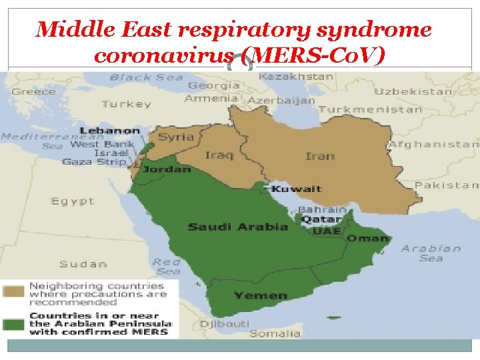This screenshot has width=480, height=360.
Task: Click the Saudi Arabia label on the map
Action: [237, 227]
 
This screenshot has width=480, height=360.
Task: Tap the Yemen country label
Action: [261, 295]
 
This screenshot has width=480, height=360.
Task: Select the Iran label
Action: [319, 156]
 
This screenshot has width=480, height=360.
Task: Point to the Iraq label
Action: [219, 155]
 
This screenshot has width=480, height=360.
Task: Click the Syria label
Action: [176, 137]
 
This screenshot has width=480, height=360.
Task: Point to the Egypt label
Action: [73, 201]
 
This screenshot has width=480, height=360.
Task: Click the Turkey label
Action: [126, 104]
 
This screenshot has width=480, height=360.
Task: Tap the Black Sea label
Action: [146, 77]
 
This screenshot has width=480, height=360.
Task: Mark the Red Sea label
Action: [166, 266]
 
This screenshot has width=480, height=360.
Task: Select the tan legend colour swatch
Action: [13, 292]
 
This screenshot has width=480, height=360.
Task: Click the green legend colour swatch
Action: [13, 324]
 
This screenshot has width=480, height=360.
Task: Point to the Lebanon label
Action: [110, 131]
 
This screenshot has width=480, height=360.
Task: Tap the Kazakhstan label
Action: [295, 77]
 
